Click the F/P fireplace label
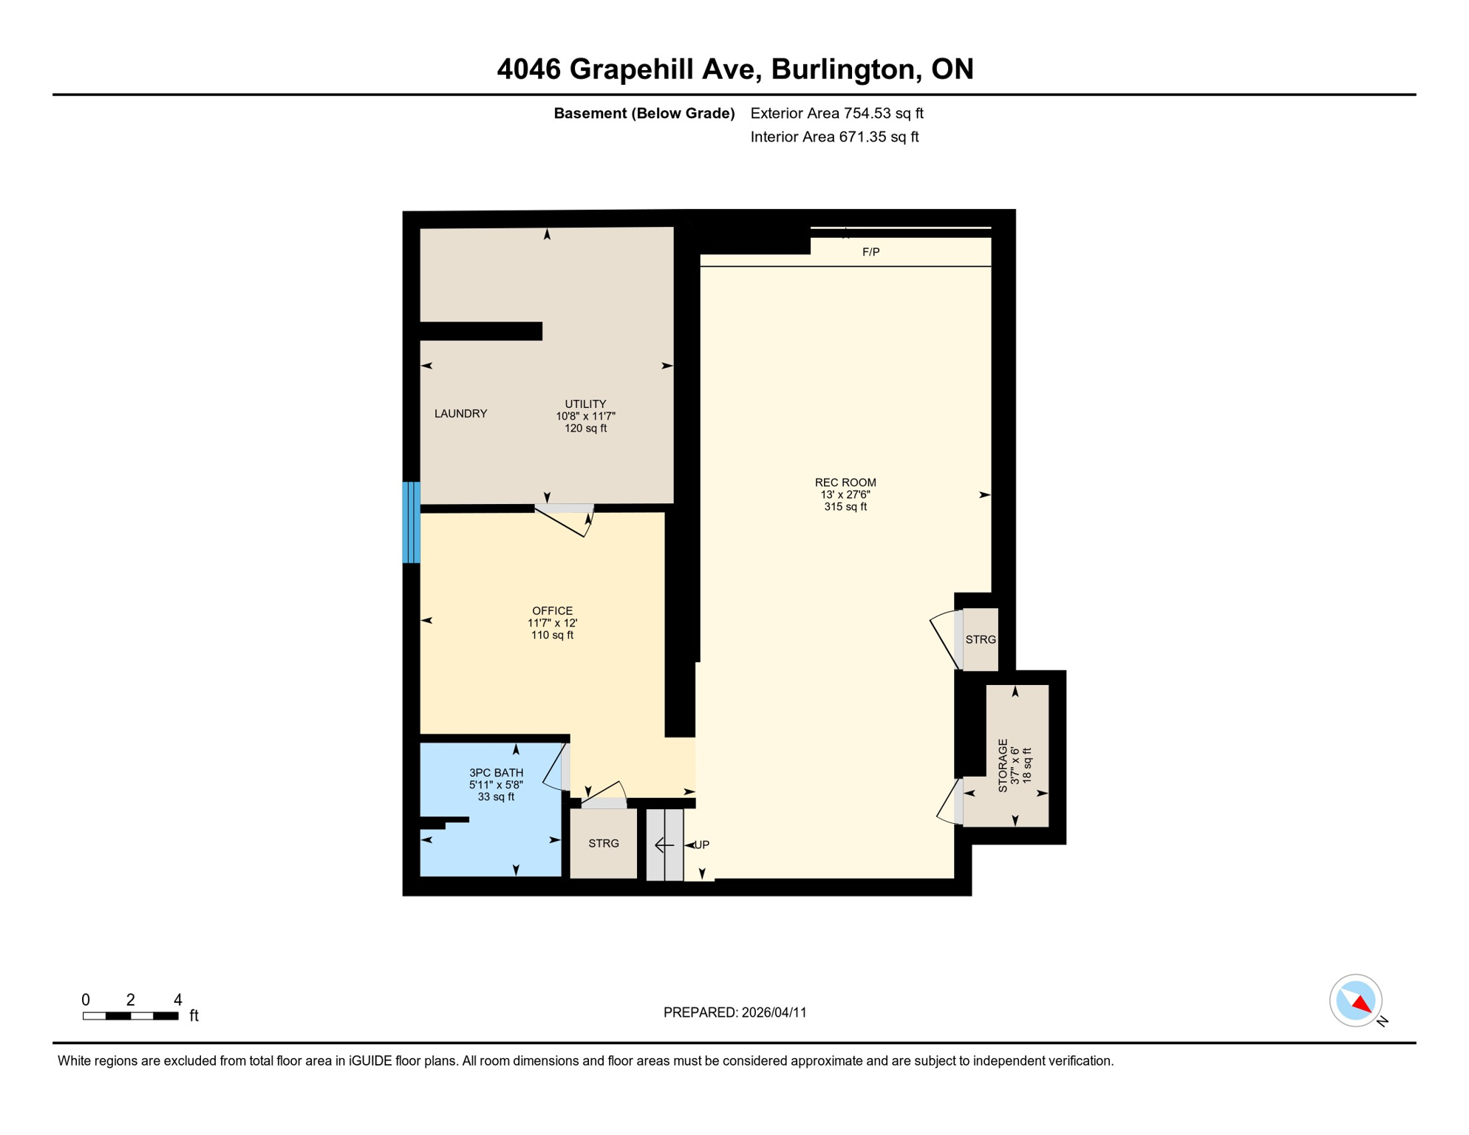870,253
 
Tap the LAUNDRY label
460,414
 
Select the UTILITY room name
585,404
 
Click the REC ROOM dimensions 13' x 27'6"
845,495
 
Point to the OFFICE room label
552,611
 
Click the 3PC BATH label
496,773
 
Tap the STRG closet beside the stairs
603,844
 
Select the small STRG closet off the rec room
981,640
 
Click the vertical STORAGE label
1003,766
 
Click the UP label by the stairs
702,845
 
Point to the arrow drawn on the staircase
664,845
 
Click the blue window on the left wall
412,522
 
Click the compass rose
1356,1001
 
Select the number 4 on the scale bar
177,1001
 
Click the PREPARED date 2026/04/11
774,1013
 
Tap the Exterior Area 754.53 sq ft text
836,114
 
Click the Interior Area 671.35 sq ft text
834,137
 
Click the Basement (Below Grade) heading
644,114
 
